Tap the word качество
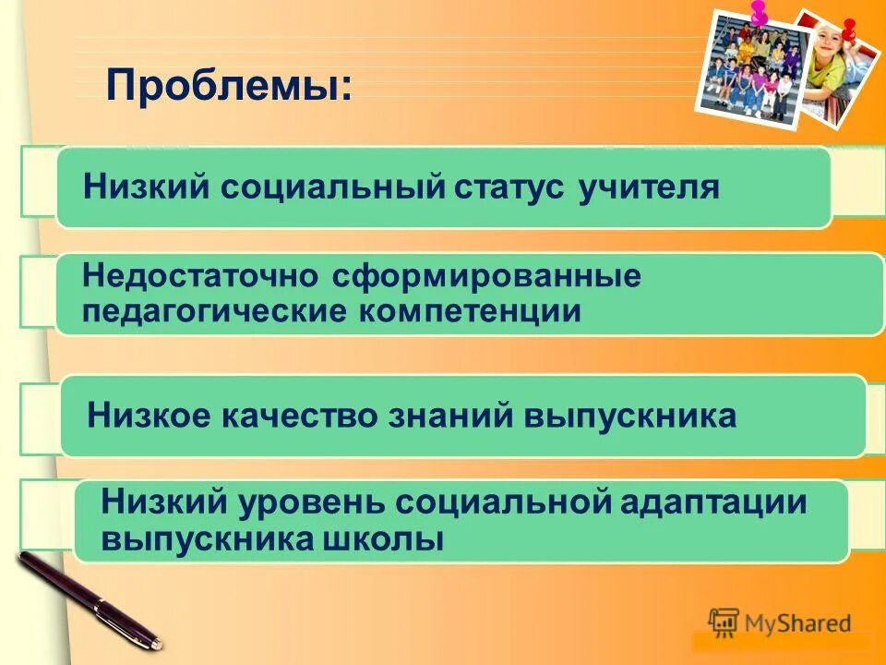click(x=295, y=416)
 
